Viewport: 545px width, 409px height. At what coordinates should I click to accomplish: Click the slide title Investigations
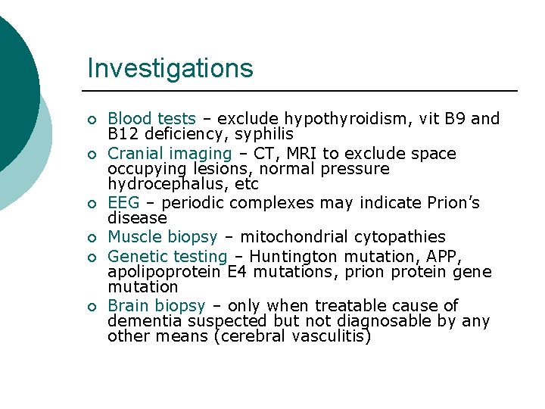coord(170,68)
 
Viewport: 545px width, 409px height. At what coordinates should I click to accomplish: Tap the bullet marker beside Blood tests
coord(91,120)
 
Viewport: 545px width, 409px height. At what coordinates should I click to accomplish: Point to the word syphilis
coord(263,134)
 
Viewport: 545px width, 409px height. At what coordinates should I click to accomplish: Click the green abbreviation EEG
coord(123,203)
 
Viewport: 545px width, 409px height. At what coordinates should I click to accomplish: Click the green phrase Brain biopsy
coord(157,306)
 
